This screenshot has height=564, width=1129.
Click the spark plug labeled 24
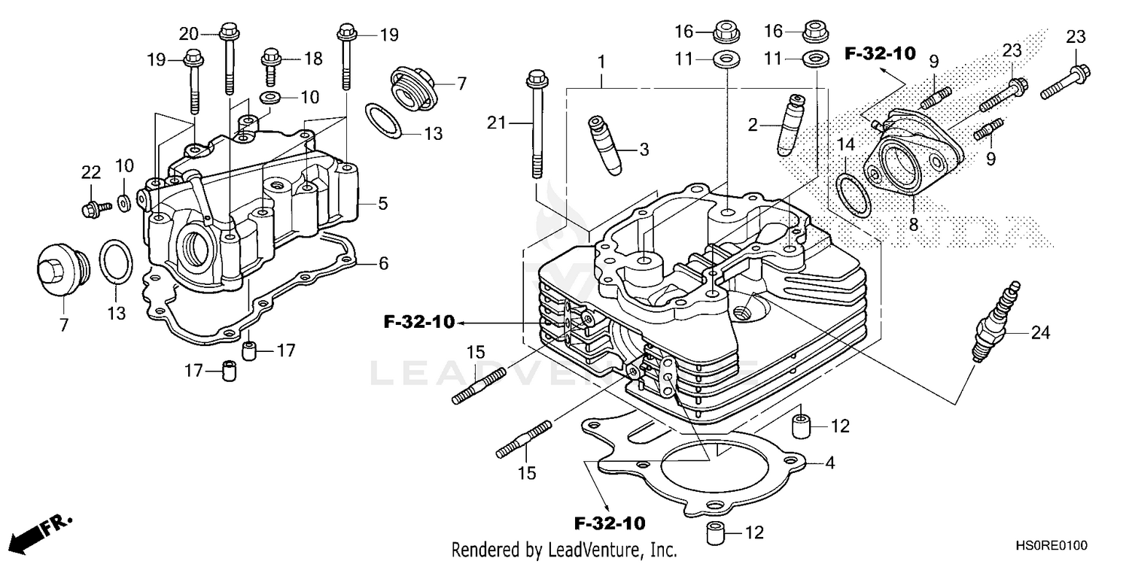pos(996,322)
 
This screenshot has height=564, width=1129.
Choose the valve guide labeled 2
pos(789,124)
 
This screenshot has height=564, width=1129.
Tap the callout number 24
pos(1039,332)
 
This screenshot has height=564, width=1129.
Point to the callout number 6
pos(382,263)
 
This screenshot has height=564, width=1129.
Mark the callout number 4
pos(829,463)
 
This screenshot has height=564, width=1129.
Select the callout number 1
pos(602,59)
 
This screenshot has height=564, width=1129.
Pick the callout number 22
pos(91,172)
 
